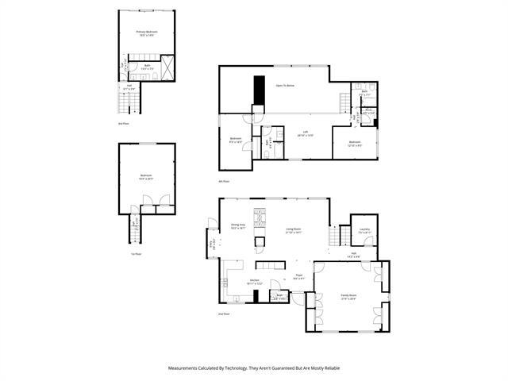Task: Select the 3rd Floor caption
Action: click(123, 125)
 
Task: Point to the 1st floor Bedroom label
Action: click(146, 177)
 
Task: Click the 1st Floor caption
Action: click(137, 254)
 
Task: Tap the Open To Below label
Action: click(286, 84)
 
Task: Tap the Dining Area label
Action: click(237, 226)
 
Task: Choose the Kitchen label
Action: click(255, 282)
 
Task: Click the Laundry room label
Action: click(364, 231)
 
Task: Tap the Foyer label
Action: click(299, 278)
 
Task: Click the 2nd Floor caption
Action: click(224, 314)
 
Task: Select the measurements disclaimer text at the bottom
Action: click(253, 368)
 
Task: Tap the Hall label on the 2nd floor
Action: click(354, 256)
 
